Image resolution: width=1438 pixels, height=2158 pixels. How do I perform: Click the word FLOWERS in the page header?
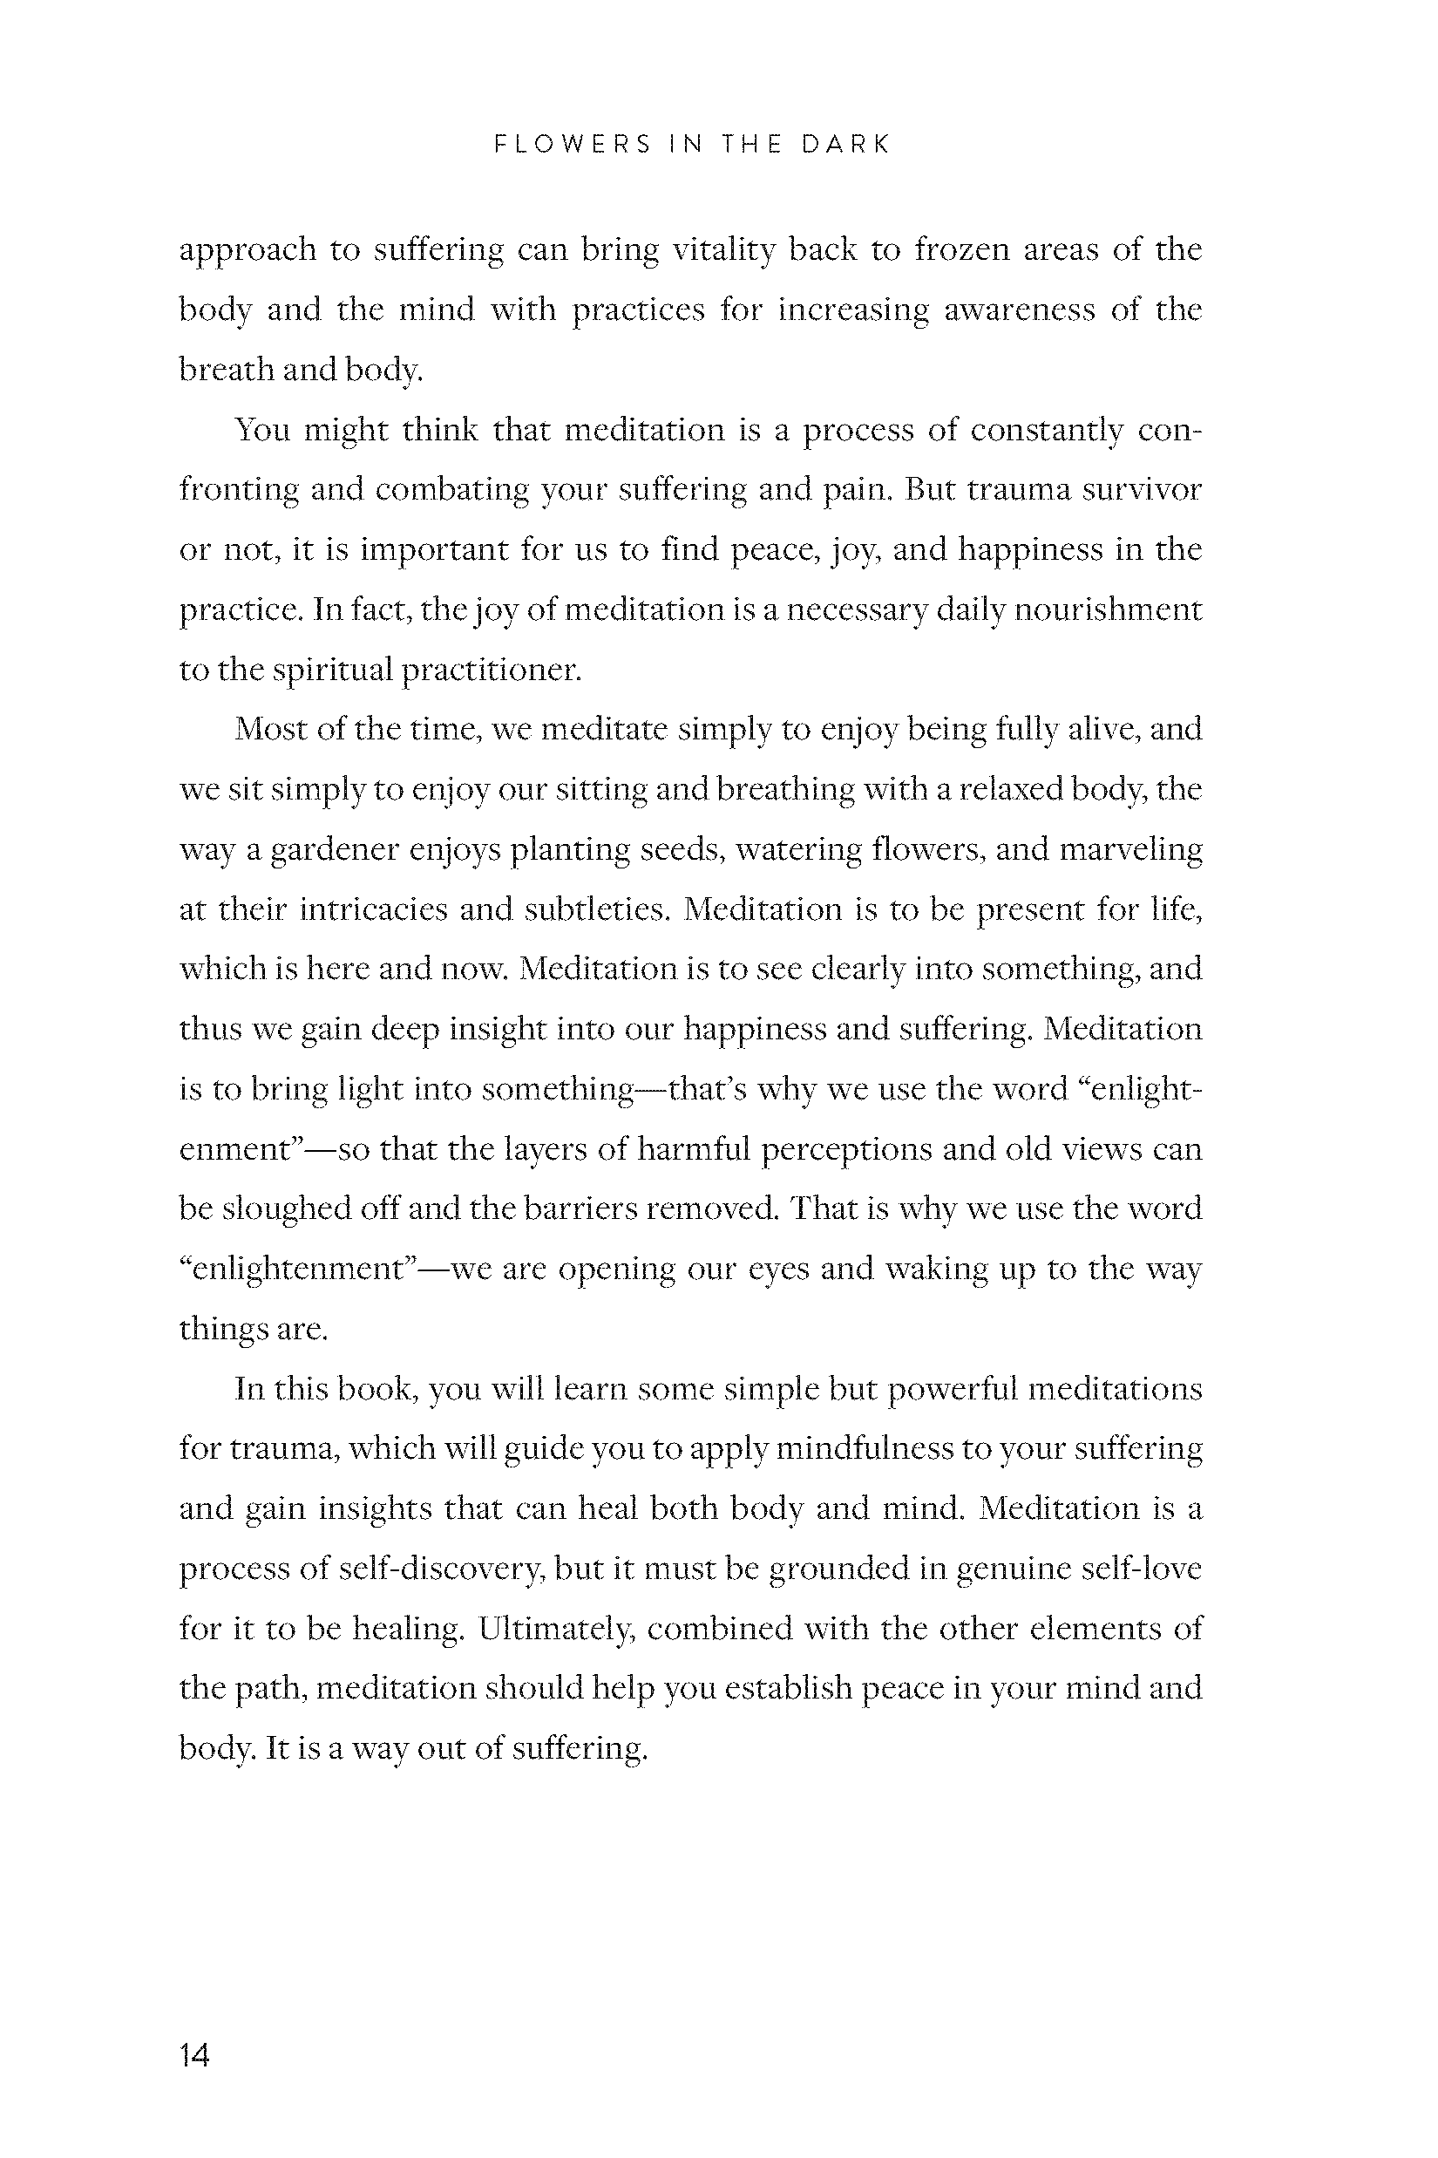click(x=573, y=144)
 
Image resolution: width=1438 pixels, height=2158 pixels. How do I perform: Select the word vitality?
click(x=723, y=249)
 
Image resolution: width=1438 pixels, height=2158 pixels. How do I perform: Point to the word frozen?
click(x=961, y=249)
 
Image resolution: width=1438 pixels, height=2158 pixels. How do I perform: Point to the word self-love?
click(x=1141, y=1569)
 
